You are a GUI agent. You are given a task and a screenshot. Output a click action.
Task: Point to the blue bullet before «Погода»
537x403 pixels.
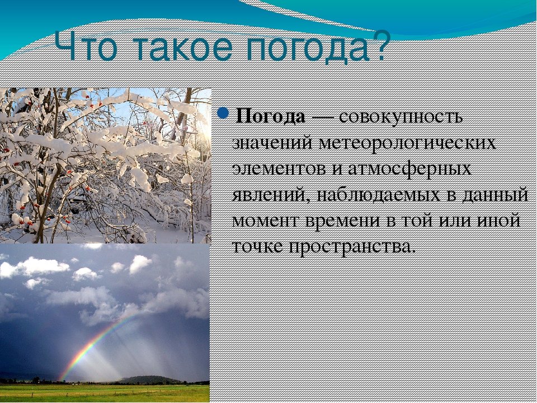coord(223,113)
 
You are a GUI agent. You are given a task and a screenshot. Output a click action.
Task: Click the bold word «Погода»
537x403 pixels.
coord(270,116)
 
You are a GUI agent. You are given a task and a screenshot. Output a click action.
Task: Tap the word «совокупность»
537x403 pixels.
coord(401,117)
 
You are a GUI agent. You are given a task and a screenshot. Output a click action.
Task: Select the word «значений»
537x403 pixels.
coord(272,143)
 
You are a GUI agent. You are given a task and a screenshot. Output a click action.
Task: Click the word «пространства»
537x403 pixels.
coord(352,247)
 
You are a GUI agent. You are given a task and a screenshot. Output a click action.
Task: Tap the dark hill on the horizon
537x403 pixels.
coord(150,379)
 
